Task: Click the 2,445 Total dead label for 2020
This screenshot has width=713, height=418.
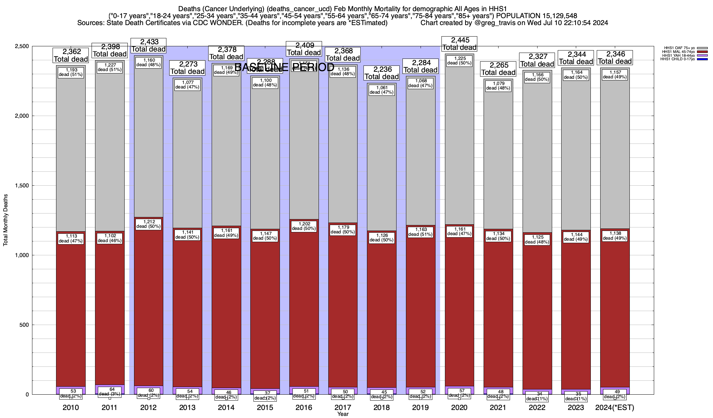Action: (459, 44)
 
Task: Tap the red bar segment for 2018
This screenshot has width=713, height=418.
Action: (382, 313)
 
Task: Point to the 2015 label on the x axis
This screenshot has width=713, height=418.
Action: (265, 408)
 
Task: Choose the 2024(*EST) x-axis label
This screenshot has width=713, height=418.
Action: (615, 408)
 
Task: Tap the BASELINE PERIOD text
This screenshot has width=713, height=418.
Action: (284, 67)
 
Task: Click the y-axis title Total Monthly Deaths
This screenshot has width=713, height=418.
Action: (6, 220)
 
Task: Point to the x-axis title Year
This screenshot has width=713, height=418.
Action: (343, 414)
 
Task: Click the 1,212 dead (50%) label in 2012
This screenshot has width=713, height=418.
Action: (148, 224)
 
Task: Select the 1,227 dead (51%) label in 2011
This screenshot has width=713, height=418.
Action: (110, 67)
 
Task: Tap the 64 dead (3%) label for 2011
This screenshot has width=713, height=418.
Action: (110, 392)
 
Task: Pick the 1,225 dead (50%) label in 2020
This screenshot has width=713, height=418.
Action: (459, 61)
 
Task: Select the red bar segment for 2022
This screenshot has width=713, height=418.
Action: (537, 313)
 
